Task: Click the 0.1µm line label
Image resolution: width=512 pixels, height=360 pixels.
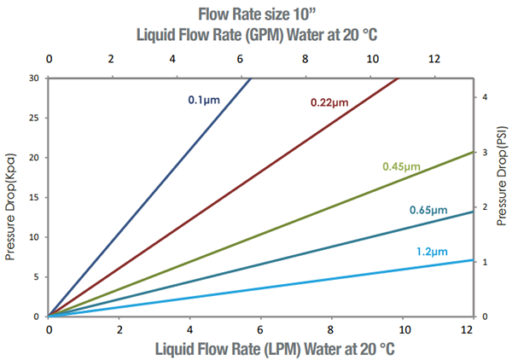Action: point(204,100)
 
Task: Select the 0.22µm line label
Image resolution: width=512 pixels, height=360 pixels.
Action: point(329,102)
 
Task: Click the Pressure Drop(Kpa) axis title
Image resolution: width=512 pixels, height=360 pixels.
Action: point(11,197)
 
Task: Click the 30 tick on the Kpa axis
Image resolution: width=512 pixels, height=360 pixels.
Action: point(33,78)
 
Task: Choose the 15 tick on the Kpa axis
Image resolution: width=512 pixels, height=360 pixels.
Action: point(33,197)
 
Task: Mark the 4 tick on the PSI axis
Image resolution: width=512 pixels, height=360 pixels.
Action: point(483,97)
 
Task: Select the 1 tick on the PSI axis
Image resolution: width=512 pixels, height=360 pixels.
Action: point(483,261)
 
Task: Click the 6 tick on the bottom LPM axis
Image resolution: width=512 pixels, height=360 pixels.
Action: point(259,328)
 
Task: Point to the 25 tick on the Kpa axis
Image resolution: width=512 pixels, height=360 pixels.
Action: point(33,118)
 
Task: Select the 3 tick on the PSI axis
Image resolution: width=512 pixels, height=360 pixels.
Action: point(483,152)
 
